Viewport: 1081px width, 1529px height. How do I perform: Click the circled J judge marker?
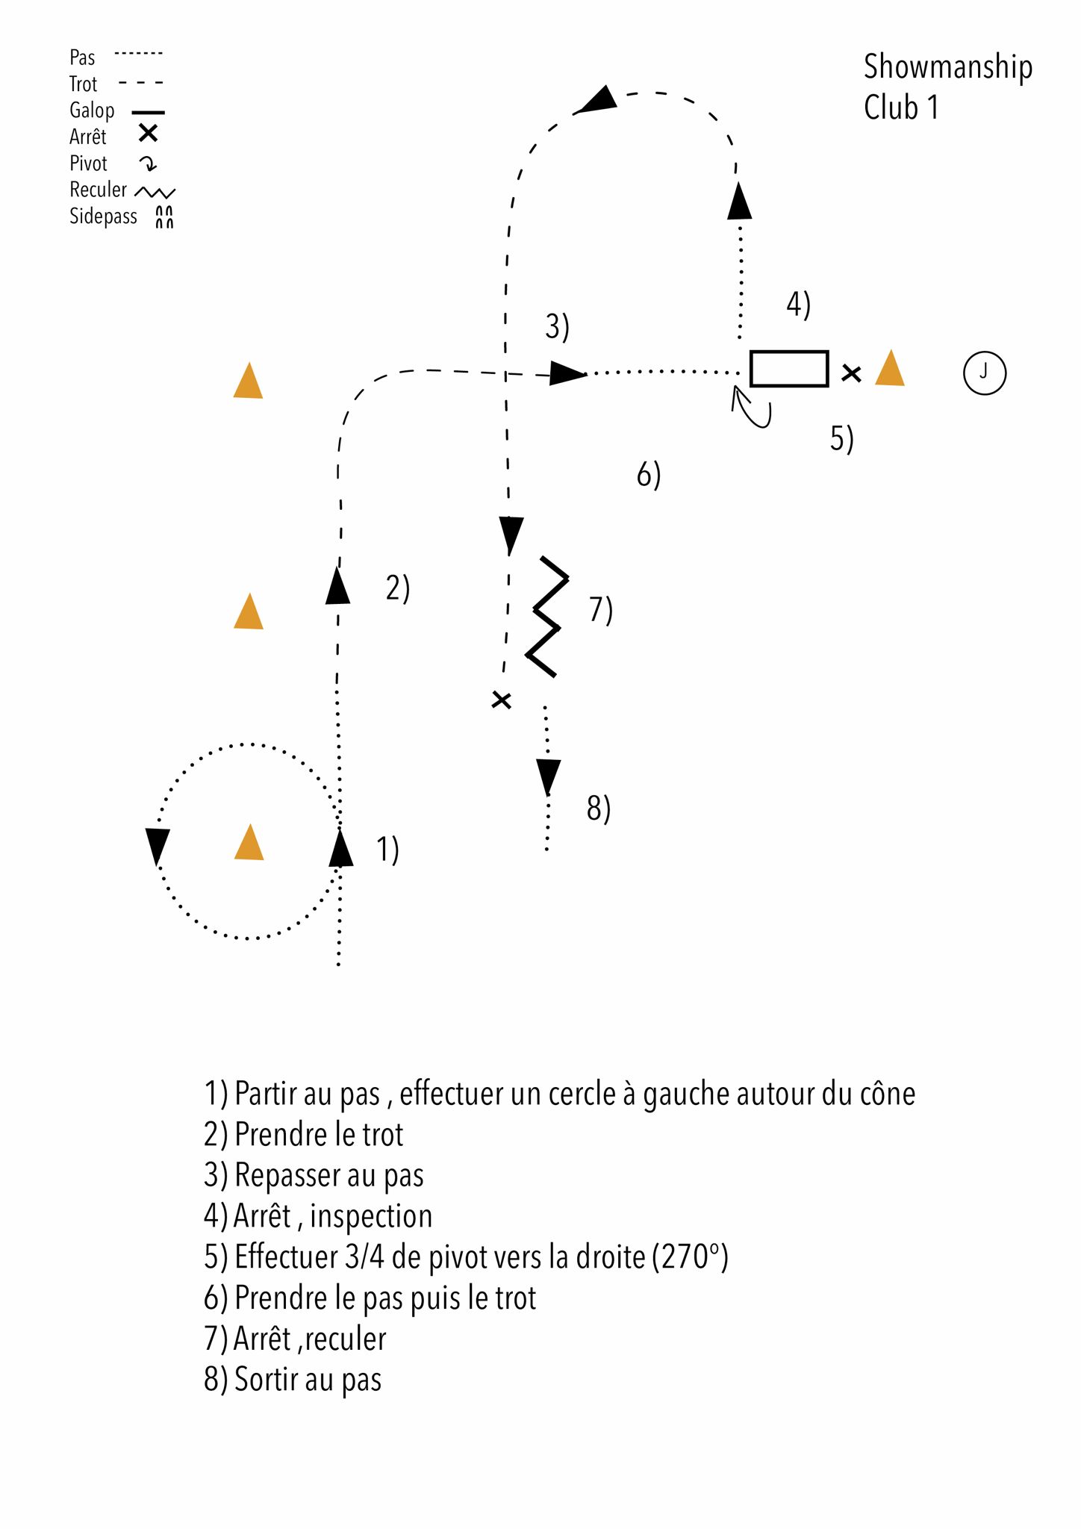[x=984, y=373]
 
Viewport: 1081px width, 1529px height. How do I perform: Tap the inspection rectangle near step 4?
[x=788, y=369]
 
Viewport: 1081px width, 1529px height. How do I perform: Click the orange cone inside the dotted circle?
[x=249, y=844]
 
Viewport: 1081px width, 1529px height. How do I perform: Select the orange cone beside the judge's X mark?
[x=889, y=369]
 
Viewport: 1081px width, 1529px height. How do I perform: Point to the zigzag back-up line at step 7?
[x=547, y=617]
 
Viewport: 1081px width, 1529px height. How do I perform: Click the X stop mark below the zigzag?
[x=502, y=700]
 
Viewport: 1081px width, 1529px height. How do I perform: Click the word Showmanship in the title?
[x=947, y=67]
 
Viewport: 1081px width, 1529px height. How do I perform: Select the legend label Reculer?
[x=98, y=190]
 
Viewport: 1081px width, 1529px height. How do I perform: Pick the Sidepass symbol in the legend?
[x=164, y=217]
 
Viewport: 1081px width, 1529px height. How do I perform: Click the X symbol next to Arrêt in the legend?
[x=149, y=134]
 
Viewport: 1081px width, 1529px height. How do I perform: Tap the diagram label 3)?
[x=557, y=327]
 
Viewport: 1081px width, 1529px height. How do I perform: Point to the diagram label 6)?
[x=648, y=475]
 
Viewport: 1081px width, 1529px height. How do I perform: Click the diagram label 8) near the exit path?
[x=598, y=809]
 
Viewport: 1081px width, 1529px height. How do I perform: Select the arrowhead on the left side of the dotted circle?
[x=157, y=845]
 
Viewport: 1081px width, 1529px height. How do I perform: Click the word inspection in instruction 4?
[x=371, y=1216]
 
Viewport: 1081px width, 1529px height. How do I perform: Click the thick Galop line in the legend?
[x=148, y=112]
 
